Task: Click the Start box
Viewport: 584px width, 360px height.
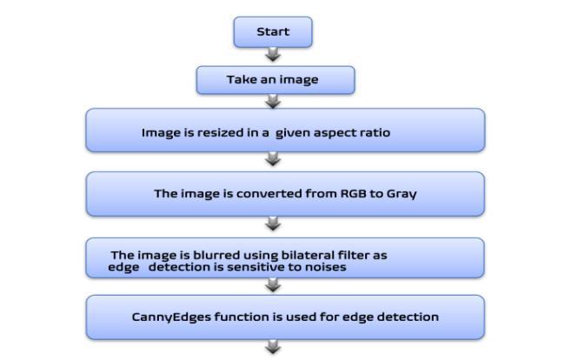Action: pos(272,32)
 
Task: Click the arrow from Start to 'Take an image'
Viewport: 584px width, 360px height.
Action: pos(273,55)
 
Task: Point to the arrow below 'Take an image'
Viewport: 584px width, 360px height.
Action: pos(273,102)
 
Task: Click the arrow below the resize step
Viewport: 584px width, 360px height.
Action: pos(273,159)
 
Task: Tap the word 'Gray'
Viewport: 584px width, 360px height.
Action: pos(401,193)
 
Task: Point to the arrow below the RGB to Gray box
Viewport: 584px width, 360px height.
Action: pos(273,223)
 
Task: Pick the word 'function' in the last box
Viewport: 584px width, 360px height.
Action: pos(232,317)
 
